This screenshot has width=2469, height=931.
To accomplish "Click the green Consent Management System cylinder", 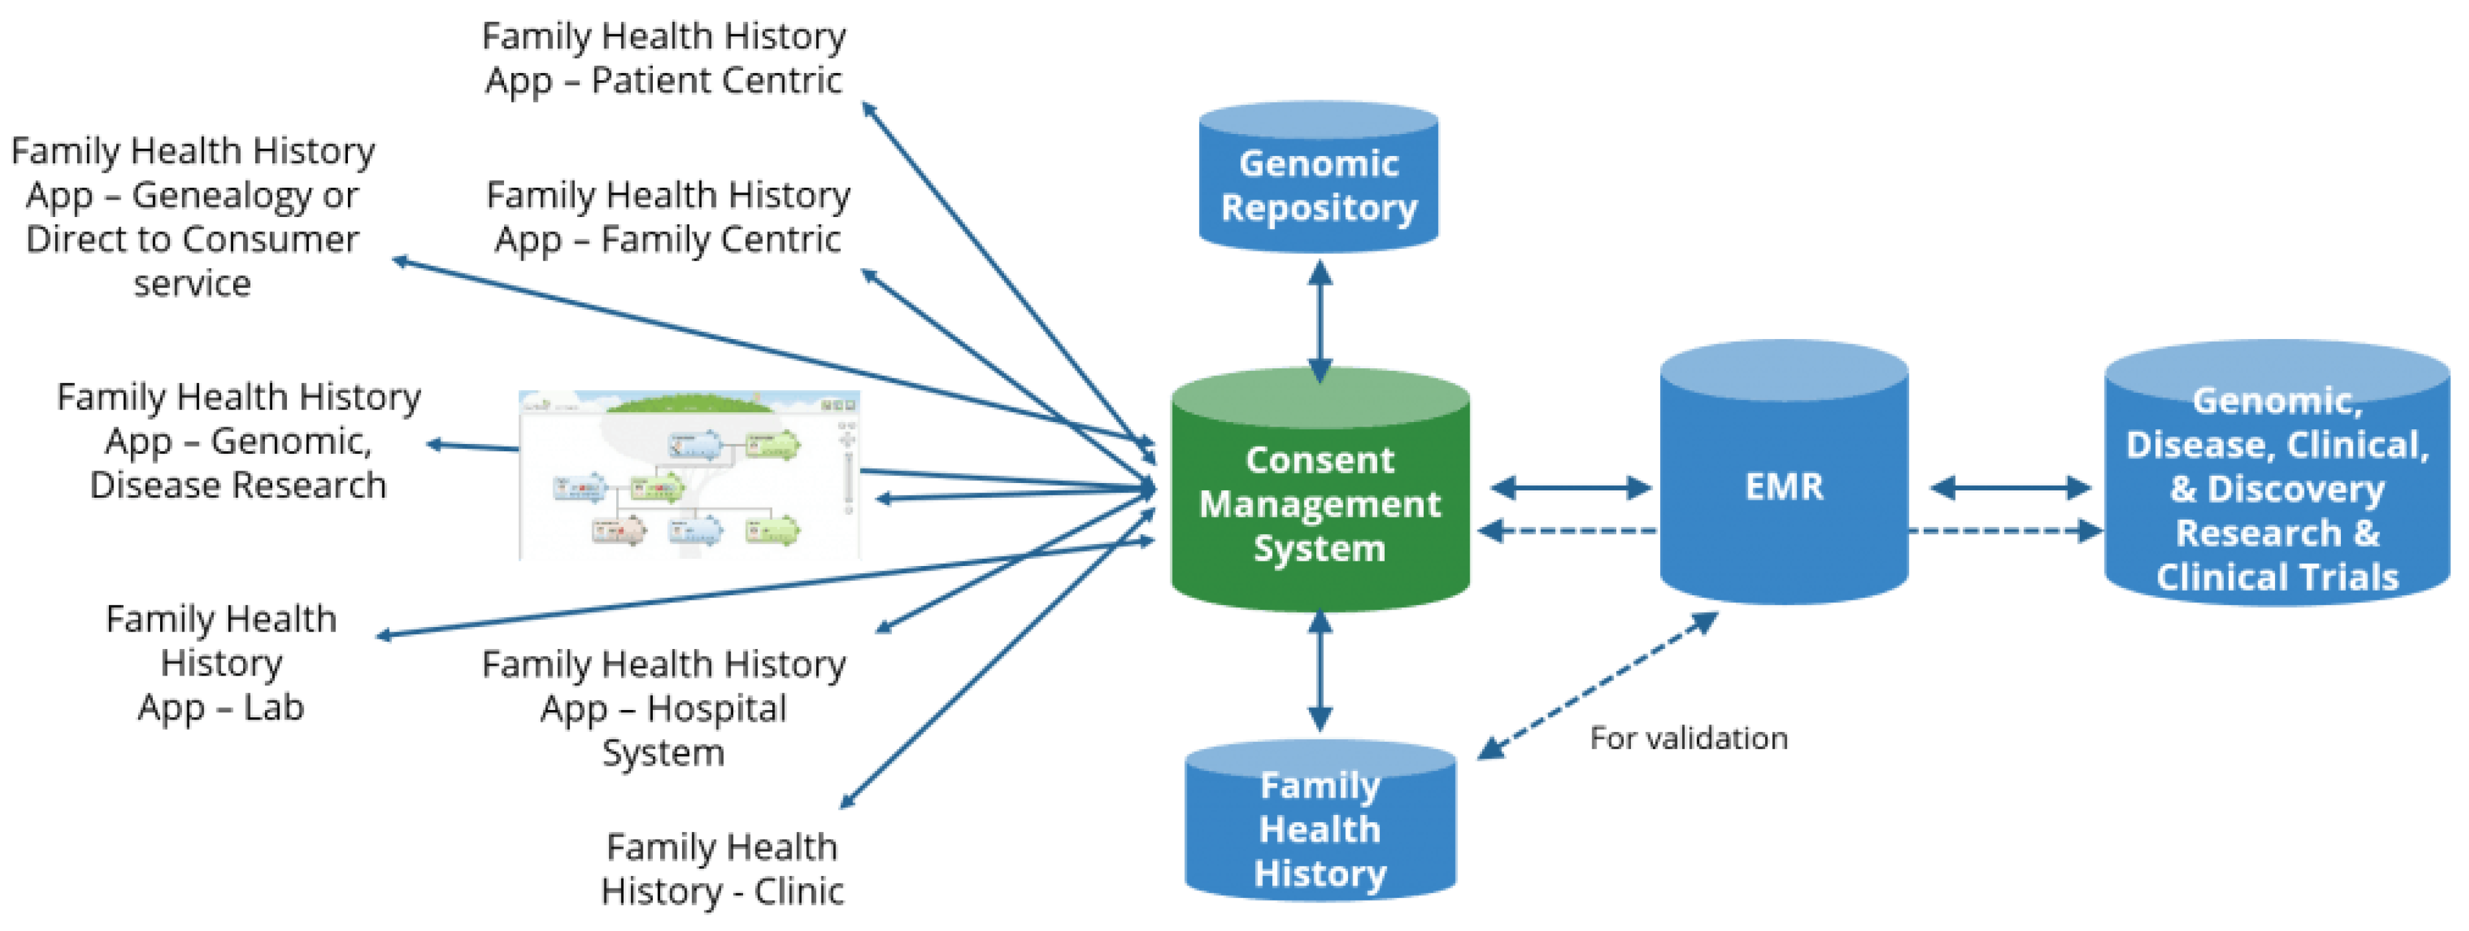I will coord(1320,503).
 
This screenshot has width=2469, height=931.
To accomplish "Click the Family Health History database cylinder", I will coord(1320,829).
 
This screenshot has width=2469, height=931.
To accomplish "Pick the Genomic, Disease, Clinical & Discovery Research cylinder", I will coord(2276,488).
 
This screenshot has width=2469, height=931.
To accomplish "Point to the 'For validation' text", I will coord(1688,739).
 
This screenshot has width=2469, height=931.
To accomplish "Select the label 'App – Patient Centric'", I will coord(663,80).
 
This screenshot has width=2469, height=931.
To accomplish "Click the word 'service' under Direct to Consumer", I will coord(192,283).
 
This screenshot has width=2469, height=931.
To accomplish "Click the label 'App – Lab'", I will coord(220,708).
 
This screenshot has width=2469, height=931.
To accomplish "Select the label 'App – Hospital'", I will coord(663,709).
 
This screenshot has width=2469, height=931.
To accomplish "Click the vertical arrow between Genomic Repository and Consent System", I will coord(1320,321).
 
